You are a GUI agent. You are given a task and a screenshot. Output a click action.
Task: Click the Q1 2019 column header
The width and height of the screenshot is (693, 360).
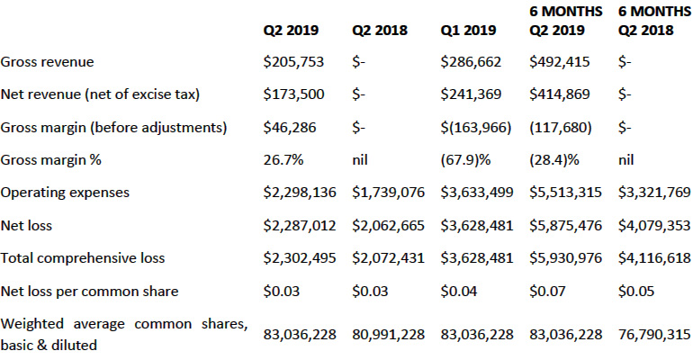point(468,30)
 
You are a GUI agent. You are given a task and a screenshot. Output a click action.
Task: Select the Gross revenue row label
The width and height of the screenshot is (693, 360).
point(48,62)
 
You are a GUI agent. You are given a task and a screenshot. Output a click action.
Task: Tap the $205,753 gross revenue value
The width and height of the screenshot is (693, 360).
point(293,62)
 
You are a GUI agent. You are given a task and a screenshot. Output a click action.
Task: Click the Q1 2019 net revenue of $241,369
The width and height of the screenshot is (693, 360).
point(471,94)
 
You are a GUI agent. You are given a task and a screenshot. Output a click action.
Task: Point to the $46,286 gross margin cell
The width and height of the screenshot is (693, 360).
point(290,127)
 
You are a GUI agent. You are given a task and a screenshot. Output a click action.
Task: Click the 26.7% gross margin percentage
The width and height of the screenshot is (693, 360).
point(283,159)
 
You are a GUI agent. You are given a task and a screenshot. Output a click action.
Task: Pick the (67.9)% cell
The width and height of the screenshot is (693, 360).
point(465,159)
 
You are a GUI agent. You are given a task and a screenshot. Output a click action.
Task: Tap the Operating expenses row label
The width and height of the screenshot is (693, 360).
point(65,193)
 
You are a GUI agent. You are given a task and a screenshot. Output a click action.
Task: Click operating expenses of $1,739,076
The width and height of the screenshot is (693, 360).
point(388,192)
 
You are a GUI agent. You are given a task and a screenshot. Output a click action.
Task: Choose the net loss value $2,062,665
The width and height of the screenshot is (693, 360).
point(388,225)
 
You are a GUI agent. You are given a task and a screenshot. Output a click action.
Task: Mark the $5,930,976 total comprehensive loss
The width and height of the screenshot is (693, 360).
point(565,258)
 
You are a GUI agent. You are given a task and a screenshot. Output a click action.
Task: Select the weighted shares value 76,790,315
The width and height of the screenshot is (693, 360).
point(654,335)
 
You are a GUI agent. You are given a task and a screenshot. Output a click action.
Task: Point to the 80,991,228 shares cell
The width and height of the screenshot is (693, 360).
point(388,335)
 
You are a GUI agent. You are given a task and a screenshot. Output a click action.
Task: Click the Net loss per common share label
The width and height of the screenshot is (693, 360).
point(90,292)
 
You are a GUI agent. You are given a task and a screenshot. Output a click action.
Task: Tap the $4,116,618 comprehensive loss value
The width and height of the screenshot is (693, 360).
point(654,258)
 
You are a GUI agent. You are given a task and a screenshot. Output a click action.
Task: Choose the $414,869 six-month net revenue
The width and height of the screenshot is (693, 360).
point(560,94)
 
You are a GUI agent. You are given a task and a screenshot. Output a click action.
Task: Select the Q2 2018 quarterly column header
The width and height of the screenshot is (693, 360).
point(380,30)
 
